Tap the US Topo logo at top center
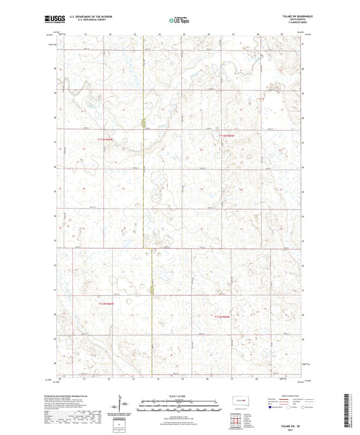pos(178,21)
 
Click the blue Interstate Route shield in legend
pos(272,408)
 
